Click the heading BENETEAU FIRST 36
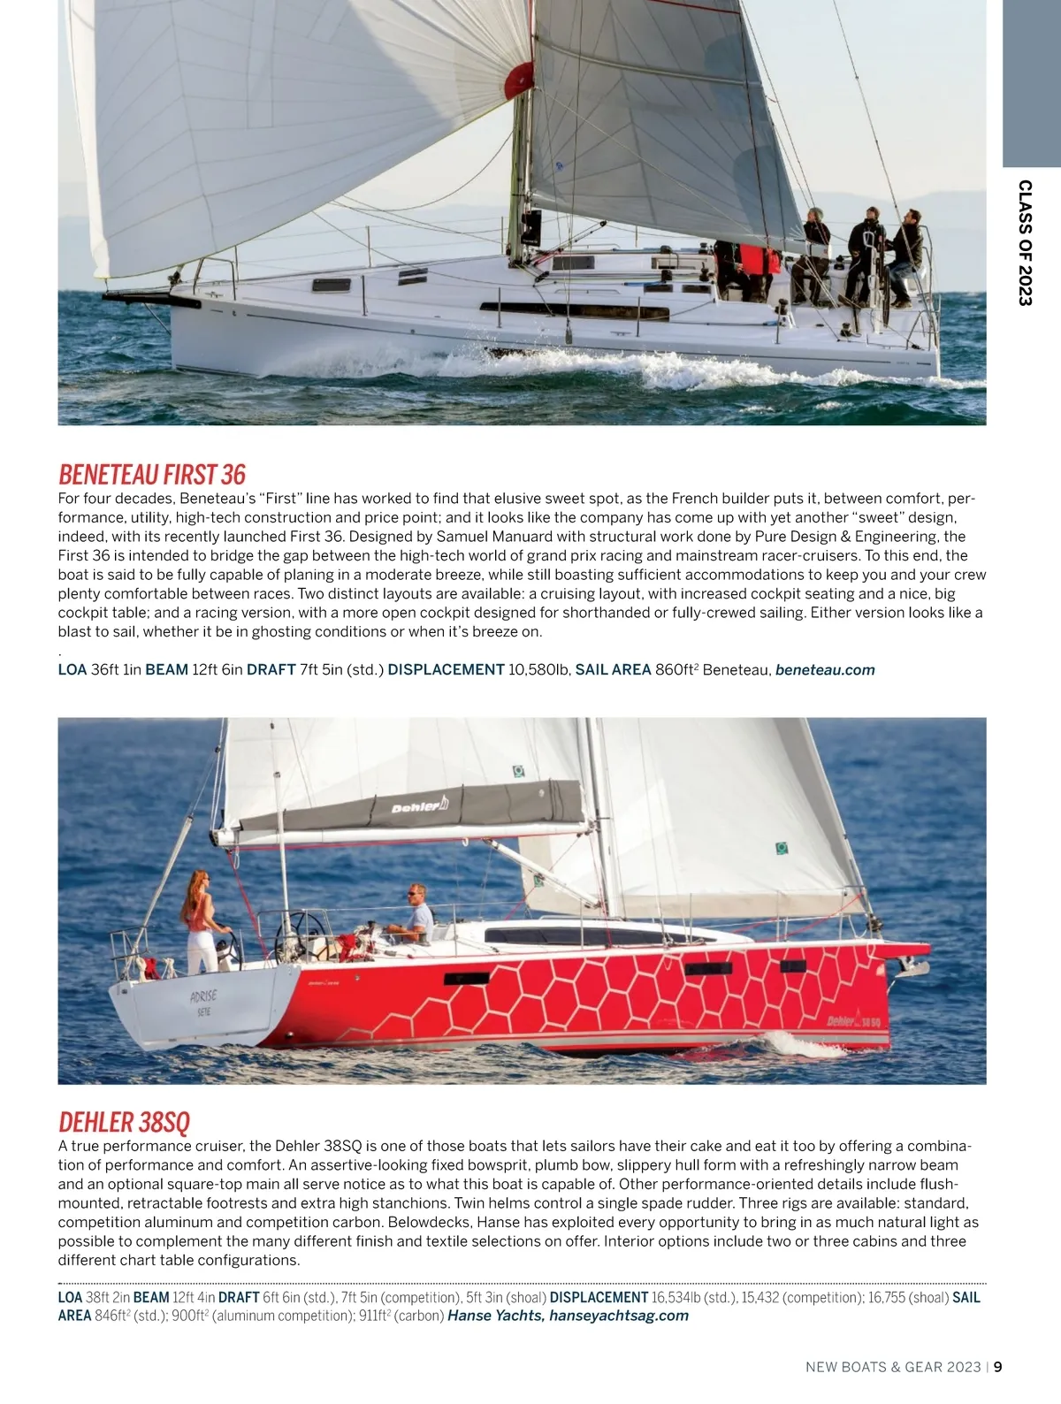[152, 475]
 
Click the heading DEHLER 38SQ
[124, 1122]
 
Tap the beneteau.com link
[825, 670]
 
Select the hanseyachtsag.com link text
[618, 1316]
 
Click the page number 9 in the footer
[998, 1367]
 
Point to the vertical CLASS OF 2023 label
[1025, 242]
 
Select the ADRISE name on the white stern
[203, 997]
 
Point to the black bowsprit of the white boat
[164, 299]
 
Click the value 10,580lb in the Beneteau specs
[539, 670]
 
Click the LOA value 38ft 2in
[108, 1297]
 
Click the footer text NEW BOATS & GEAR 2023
[893, 1367]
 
